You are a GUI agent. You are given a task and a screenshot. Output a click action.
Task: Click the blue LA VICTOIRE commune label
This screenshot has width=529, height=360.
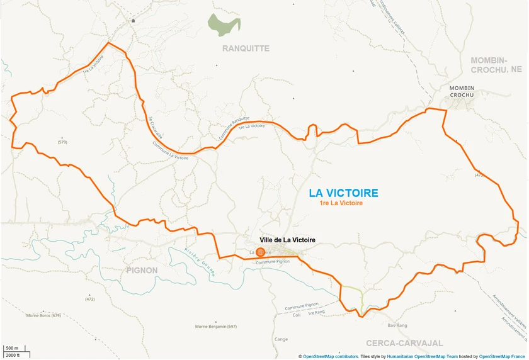(x=343, y=193)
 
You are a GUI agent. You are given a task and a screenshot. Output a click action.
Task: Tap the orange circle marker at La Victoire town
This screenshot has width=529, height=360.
(x=260, y=252)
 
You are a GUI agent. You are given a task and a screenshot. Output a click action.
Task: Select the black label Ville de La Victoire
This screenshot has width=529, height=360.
(x=287, y=240)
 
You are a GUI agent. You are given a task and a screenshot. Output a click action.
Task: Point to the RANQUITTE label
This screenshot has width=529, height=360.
(x=246, y=48)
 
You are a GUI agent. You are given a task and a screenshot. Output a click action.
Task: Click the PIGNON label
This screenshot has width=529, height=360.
(x=142, y=270)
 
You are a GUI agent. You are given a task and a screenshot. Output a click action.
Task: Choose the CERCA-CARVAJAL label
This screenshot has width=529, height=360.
(x=405, y=343)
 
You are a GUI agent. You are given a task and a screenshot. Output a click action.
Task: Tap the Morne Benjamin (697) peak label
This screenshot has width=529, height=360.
(x=215, y=327)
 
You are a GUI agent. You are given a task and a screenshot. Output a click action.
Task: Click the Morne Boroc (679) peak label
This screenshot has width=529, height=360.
(x=43, y=315)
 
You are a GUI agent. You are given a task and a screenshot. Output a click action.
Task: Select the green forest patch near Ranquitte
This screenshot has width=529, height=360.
(x=224, y=25)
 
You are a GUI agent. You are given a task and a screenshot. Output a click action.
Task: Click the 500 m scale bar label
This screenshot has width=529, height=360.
(x=12, y=348)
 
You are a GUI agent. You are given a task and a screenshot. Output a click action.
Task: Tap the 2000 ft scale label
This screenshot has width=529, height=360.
(x=13, y=355)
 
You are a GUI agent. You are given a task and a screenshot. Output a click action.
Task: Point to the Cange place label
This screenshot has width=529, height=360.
(x=281, y=339)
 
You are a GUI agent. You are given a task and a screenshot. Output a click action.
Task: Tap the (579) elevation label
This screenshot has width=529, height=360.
(x=62, y=142)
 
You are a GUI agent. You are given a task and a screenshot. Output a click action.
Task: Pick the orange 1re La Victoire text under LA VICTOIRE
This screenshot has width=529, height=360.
(x=341, y=203)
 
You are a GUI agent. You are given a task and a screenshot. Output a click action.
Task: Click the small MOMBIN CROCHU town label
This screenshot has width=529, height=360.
(x=462, y=91)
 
